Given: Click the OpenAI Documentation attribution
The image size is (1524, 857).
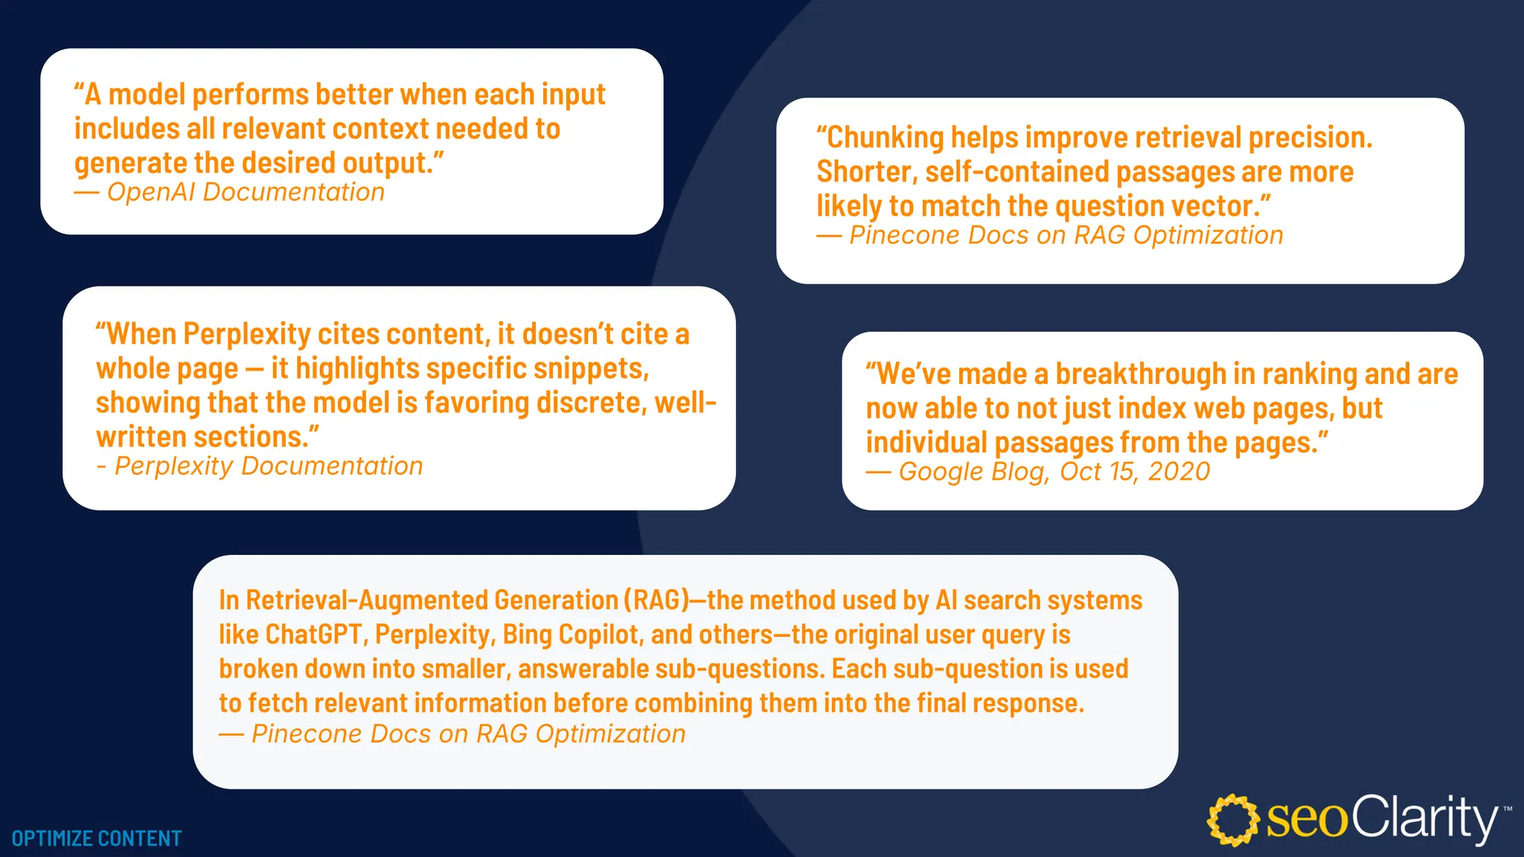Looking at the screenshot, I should click(229, 193).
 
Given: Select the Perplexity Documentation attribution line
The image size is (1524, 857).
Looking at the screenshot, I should click(260, 466).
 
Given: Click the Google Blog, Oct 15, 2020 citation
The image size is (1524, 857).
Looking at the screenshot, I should click(1038, 472).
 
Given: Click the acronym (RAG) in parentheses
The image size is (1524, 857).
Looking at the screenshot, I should click(656, 600).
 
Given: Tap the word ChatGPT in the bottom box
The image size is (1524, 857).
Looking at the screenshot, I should click(313, 635).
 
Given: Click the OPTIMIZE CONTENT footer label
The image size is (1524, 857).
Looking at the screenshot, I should click(97, 838).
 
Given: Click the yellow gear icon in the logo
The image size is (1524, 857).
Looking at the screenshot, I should click(1233, 820).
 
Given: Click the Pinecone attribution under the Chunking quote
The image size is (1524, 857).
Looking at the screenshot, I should click(1050, 236).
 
